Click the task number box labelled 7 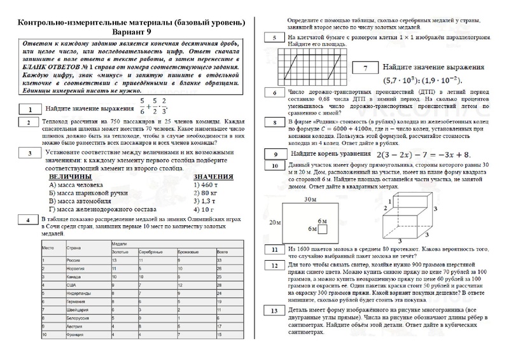pos(365,68)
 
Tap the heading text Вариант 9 pos(132,32)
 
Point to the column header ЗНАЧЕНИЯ pos(214,176)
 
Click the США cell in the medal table pos(71,287)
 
